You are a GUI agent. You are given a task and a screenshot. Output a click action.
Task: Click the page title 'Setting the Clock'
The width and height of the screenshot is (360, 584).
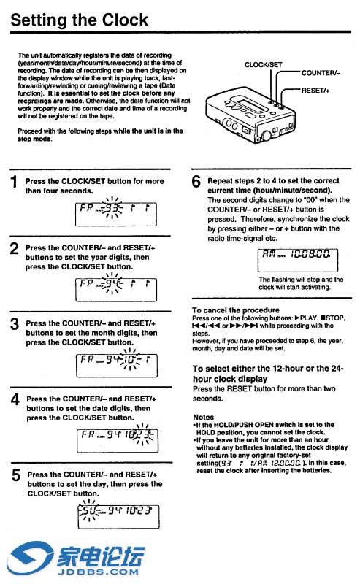tap(79, 20)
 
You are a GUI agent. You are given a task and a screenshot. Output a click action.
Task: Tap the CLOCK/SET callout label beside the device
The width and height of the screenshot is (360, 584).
tap(263, 65)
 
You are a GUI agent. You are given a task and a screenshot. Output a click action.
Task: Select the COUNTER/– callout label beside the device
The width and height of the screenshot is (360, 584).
tap(321, 73)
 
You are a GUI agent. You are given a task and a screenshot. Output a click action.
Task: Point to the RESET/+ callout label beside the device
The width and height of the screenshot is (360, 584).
tap(315, 90)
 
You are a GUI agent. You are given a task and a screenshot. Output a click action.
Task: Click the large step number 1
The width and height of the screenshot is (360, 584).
tap(14, 182)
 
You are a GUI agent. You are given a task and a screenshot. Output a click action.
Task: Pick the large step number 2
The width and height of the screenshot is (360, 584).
tap(14, 248)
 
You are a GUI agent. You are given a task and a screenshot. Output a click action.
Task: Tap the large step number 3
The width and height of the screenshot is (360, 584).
tap(15, 323)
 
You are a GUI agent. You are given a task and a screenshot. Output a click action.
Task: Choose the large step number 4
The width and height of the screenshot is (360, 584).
tap(15, 399)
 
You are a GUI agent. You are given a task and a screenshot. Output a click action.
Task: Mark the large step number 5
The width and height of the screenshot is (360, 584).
tap(15, 475)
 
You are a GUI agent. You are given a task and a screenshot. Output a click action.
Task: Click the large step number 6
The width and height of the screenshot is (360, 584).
tap(196, 181)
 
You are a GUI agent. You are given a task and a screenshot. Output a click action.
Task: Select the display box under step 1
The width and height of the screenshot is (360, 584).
tap(116, 214)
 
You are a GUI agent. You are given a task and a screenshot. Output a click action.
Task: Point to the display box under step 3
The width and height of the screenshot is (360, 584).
tap(117, 366)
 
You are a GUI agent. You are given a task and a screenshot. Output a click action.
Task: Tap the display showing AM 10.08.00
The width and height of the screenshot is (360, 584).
tap(298, 260)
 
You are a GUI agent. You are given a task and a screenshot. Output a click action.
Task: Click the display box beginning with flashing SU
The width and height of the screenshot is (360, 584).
tap(118, 517)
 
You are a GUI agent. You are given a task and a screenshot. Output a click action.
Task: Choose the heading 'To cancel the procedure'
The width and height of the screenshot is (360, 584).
tap(236, 310)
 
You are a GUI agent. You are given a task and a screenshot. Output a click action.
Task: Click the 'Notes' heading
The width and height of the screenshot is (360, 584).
tap(204, 417)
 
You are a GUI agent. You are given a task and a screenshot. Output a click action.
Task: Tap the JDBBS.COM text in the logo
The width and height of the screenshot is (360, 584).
tap(98, 572)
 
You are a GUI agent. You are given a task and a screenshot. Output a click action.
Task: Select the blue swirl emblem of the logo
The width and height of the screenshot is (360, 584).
tap(30, 558)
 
